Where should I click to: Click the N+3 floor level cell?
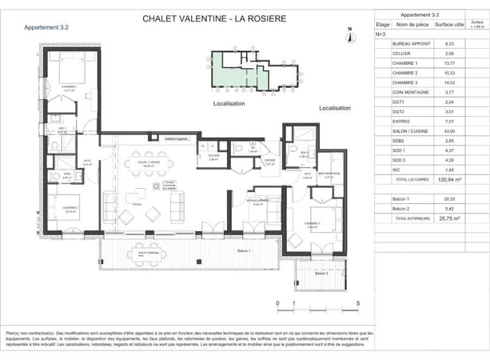click(381, 34)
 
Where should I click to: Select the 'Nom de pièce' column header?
click(410, 25)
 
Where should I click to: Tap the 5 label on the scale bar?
click(359, 304)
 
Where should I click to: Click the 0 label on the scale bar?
click(277, 304)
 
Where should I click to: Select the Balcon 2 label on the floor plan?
click(321, 274)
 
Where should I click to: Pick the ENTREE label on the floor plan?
click(270, 160)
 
